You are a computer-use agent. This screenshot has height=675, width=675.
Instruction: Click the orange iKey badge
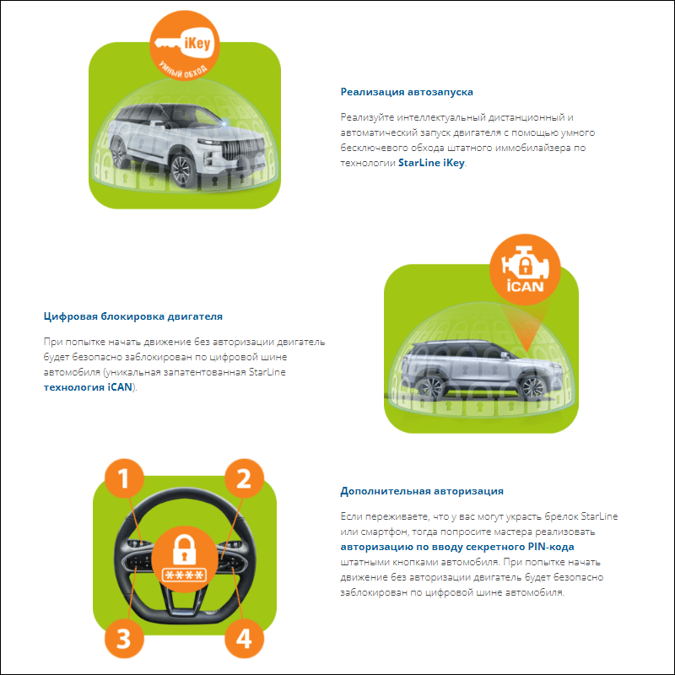pos(185,46)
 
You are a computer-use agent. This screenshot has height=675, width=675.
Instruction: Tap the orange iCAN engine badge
pos(525,269)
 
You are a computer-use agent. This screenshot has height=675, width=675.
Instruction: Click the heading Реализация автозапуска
pos(407,92)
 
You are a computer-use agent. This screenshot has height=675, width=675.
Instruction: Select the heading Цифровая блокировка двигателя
pos(133,316)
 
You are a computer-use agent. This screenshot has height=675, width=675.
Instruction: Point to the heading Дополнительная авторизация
pos(422,491)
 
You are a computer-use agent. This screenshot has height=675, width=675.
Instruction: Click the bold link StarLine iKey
pos(431,163)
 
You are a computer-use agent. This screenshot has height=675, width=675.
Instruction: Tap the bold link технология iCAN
pos(88,387)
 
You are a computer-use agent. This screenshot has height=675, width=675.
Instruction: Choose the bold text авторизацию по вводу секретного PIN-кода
pos(457,547)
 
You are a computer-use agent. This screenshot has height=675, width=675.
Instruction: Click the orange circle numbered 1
pos(124,478)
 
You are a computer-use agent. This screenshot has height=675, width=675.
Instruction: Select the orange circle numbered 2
pos(244,478)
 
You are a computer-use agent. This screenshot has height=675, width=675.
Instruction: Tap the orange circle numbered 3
pos(124,639)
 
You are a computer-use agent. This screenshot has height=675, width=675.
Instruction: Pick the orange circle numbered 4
pos(244,639)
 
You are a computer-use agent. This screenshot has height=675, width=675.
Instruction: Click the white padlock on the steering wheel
pos(184,549)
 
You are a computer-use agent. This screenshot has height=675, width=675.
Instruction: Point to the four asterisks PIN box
pos(184,575)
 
